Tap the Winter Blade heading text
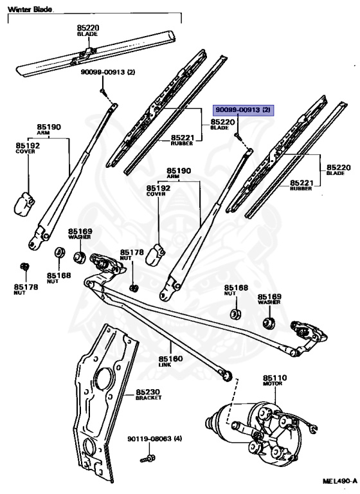(x=30, y=10)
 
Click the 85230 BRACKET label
(x=148, y=394)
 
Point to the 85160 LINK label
(x=170, y=361)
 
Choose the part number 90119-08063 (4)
(x=155, y=439)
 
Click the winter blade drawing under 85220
(x=95, y=53)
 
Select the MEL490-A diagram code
(x=340, y=481)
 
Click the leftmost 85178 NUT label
(x=26, y=289)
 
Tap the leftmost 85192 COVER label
(x=28, y=148)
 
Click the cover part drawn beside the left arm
(x=24, y=205)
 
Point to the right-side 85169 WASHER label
(x=269, y=299)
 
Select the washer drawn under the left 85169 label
(x=80, y=257)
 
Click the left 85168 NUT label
(x=59, y=278)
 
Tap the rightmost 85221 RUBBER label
(x=301, y=185)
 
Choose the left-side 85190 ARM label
(x=49, y=129)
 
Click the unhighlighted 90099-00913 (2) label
(x=108, y=72)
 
